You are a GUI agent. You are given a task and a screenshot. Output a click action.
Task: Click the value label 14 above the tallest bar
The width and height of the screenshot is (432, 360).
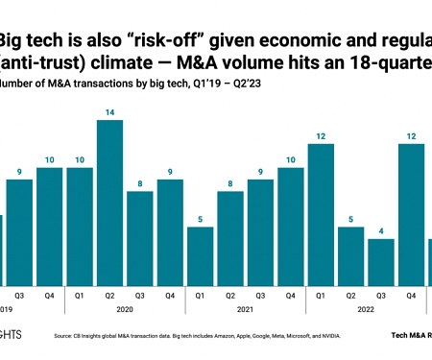[x=110, y=111]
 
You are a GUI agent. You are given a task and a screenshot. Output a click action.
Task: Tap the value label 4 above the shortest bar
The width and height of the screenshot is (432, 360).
[x=381, y=229]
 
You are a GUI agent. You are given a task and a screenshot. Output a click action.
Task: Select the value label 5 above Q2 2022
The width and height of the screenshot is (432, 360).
[x=351, y=218]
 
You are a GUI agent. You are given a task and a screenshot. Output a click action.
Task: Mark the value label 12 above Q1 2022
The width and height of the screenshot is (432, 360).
[x=321, y=135]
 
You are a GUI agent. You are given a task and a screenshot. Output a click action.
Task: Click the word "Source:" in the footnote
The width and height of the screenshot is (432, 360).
[x=66, y=336]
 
